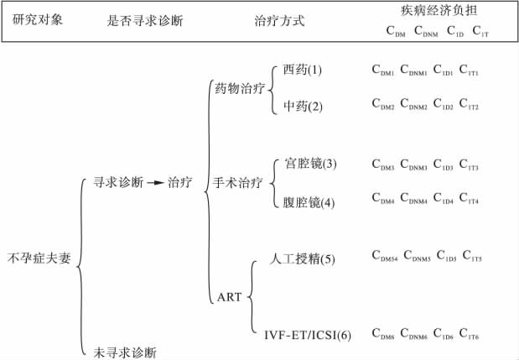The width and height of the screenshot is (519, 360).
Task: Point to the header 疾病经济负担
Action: (431, 11)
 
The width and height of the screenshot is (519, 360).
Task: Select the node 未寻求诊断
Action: (125, 352)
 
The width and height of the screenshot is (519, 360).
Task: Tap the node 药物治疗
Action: (239, 86)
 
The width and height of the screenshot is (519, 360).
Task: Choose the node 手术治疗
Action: (237, 182)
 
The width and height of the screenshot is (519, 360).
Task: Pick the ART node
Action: (229, 297)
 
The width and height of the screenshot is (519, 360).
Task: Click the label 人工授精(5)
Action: (304, 258)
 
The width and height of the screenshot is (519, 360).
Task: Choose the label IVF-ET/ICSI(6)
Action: (307, 336)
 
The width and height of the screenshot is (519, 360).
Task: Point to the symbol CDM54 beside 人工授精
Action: (385, 256)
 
